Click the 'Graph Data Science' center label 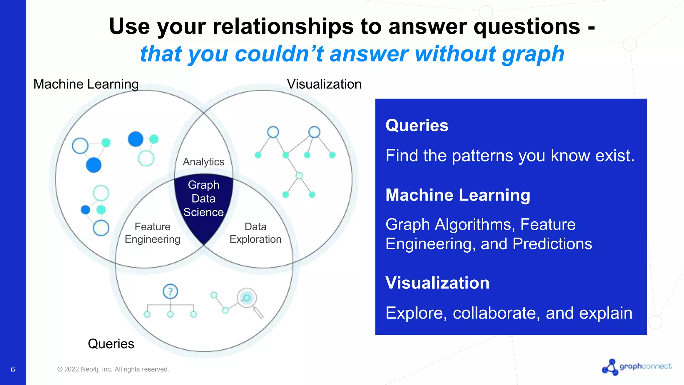[203, 199]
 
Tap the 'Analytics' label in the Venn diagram [203, 162]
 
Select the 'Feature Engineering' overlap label [152, 233]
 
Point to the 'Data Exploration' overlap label [255, 233]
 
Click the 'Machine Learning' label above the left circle [86, 84]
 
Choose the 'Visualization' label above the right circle [324, 84]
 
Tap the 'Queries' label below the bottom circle [111, 344]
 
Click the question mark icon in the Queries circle [170, 291]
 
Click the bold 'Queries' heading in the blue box [417, 126]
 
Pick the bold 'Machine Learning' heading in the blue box [458, 195]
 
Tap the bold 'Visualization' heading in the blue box [438, 283]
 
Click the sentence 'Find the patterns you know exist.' [510, 156]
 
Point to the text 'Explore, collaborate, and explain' [509, 313]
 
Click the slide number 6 [13, 370]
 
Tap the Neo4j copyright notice [113, 369]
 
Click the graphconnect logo [637, 367]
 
